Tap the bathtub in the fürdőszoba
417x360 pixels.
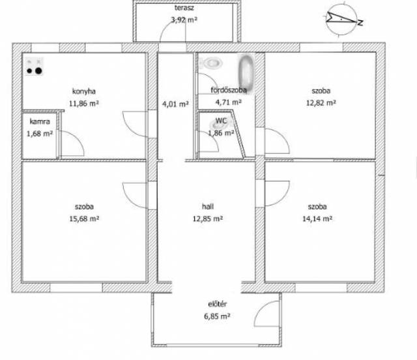(246, 70)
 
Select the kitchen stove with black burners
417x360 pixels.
(35, 67)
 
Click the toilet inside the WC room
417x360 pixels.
(217, 124)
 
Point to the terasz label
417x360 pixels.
(184, 8)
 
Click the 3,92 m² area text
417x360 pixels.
(184, 20)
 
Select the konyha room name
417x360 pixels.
(84, 91)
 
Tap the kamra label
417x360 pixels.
(40, 121)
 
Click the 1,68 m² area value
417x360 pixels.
(40, 134)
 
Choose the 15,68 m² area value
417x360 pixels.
(84, 218)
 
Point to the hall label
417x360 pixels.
(208, 206)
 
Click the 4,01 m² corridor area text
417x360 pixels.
(175, 104)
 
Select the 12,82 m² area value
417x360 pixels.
(321, 103)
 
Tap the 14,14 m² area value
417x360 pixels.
(317, 218)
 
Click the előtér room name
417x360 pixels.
(217, 304)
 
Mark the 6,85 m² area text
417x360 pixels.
(217, 316)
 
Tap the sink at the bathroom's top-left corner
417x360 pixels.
(212, 63)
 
